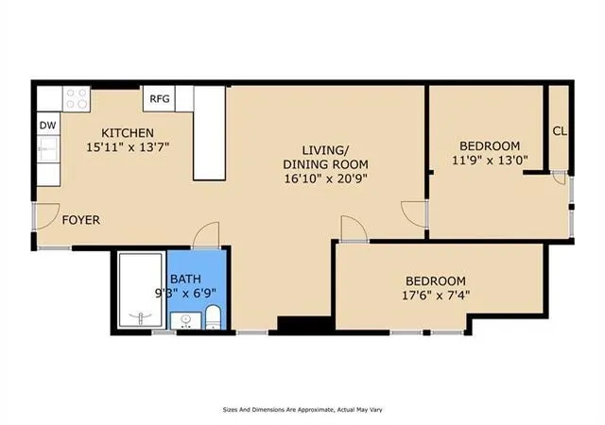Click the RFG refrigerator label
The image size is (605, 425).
pos(160,99)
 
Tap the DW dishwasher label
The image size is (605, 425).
pos(48,126)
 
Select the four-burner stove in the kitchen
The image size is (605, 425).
pos(76,99)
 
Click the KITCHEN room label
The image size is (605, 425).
pos(128,133)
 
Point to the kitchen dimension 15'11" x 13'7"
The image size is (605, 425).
pos(128,147)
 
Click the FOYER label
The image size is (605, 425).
pos(81,220)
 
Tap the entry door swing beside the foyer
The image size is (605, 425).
pos(47,216)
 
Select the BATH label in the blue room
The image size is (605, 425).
pos(185,279)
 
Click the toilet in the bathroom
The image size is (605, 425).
pos(213,317)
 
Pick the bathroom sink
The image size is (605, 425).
pos(186,321)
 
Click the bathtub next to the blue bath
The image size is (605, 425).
pos(141,290)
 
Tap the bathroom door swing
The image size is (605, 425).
pos(206,235)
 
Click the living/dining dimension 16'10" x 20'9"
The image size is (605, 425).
pos(325,178)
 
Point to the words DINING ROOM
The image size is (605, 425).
pos(325,164)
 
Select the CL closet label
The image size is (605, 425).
pos(560,131)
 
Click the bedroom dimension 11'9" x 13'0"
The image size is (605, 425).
pos(490,160)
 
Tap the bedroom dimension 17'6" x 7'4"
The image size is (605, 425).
pos(436,296)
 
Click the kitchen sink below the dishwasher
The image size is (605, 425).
pos(48,149)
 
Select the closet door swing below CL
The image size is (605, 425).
pos(559,177)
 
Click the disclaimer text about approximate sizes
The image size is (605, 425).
pos(302,410)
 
